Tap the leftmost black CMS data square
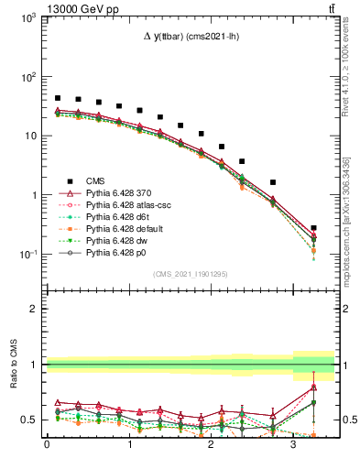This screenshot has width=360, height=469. (58, 98)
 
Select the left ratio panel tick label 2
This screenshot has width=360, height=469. (33, 309)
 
